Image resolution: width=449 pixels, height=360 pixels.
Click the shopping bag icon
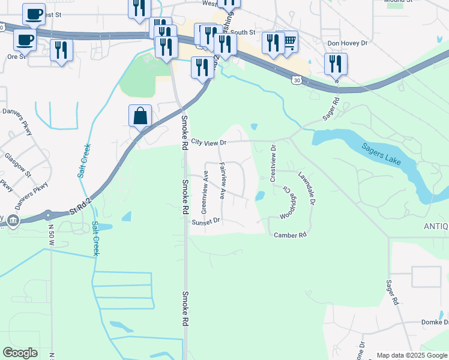point(140,116)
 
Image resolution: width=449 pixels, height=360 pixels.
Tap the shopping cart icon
point(289,42)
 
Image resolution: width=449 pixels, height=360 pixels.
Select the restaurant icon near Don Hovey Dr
point(336,64)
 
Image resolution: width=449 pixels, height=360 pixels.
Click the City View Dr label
point(209,143)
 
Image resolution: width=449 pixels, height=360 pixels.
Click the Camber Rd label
point(291,235)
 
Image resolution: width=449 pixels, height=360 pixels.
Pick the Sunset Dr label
point(206,222)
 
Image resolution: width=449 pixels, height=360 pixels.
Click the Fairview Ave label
point(221,181)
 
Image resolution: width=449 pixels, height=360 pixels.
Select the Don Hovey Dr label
point(347,43)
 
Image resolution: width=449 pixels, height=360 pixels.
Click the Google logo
point(20,353)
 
